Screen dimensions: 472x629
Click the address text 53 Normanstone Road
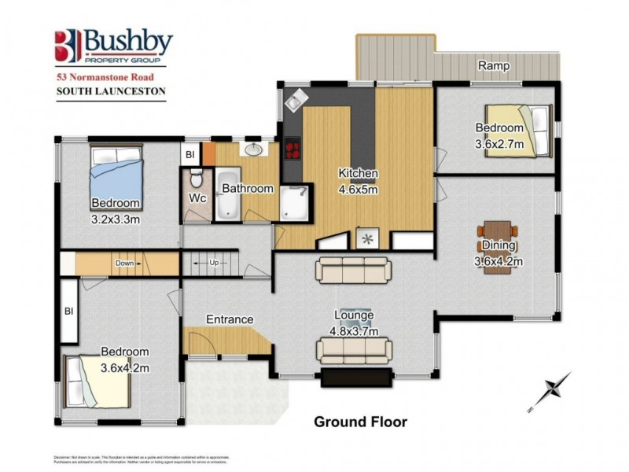109,78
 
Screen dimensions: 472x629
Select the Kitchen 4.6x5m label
359,180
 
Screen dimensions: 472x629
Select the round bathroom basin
254,149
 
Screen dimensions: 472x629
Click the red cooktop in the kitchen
292,149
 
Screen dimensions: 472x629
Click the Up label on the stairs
213,262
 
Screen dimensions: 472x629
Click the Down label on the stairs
124,263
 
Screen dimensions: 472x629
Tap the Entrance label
230,319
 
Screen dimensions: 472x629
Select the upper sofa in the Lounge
353,270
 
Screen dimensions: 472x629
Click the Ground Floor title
361,422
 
